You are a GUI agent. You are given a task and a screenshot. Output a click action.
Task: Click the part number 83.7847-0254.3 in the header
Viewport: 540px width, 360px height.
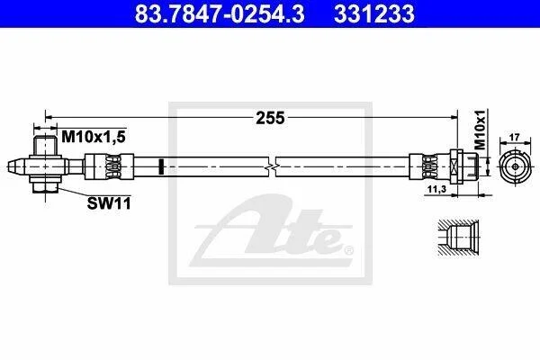click(220, 13)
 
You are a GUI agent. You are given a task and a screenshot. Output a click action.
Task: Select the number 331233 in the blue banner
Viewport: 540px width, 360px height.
click(374, 13)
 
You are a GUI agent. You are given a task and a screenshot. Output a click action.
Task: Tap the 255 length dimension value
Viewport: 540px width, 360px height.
click(270, 118)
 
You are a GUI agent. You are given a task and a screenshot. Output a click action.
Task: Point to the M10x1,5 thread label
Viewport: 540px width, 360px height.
click(94, 137)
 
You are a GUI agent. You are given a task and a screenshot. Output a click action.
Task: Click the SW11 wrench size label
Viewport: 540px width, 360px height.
click(109, 203)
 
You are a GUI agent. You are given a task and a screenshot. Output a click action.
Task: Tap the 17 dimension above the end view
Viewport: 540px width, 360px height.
click(514, 138)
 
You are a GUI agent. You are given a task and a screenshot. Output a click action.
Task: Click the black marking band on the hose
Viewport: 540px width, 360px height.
click(161, 166)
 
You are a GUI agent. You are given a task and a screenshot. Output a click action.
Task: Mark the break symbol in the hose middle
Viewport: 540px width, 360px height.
click(272, 166)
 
